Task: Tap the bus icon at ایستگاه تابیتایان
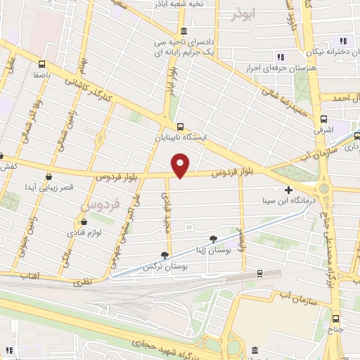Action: click(x=181, y=127)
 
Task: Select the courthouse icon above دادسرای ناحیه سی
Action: click(x=184, y=32)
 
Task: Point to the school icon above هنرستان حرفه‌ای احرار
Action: click(x=281, y=56)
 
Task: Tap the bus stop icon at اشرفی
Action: click(x=323, y=119)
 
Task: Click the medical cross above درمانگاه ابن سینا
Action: click(x=289, y=190)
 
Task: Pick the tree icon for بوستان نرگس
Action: click(x=165, y=255)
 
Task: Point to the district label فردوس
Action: click(x=98, y=203)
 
